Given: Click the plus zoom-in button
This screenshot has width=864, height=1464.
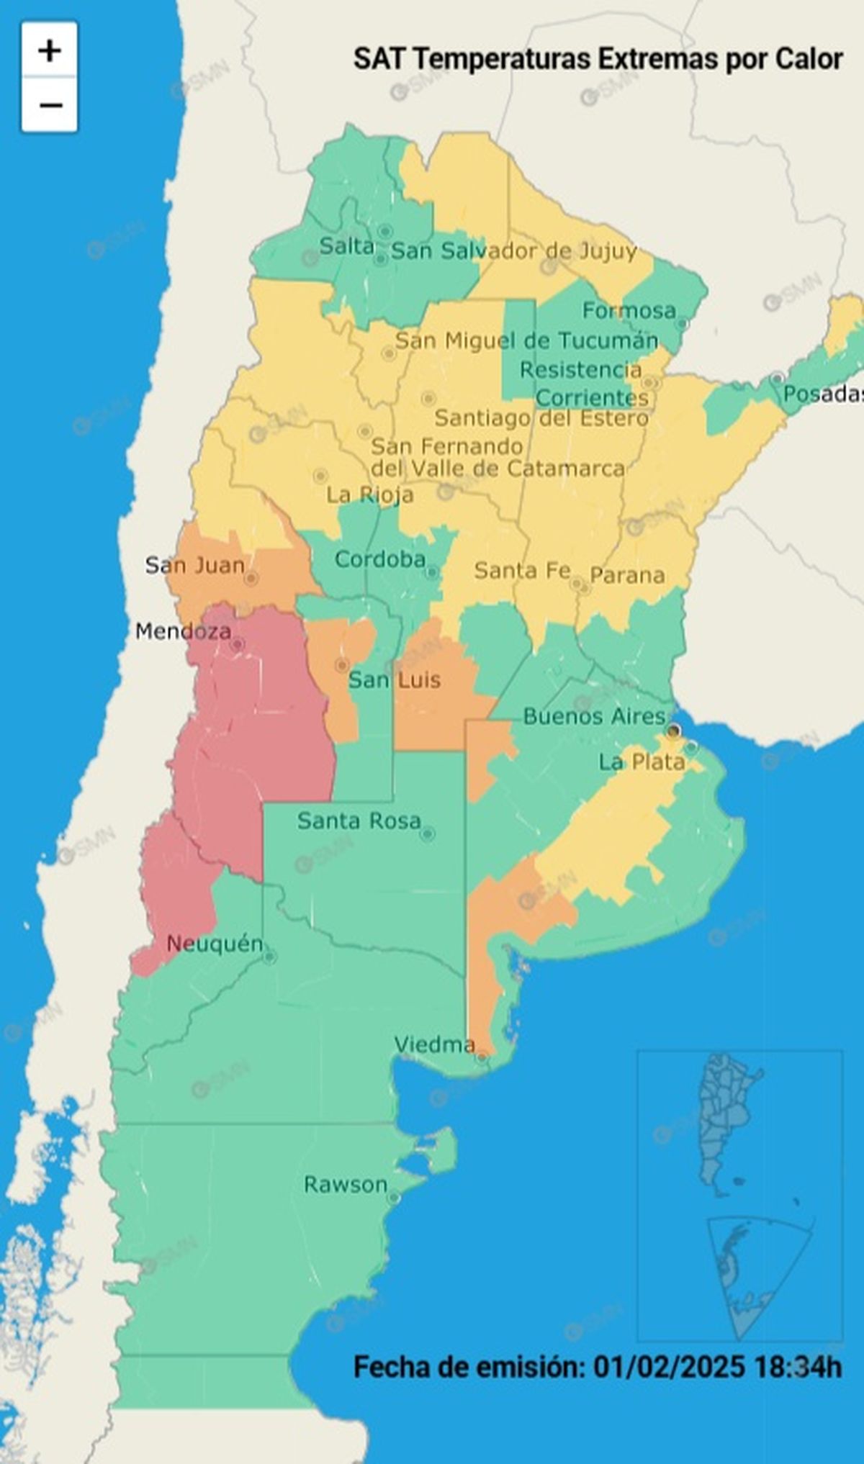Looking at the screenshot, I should [49, 50].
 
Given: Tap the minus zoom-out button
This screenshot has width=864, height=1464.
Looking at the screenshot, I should [49, 105].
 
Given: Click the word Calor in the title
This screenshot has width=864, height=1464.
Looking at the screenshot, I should [809, 59].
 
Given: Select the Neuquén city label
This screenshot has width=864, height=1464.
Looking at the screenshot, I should [214, 944].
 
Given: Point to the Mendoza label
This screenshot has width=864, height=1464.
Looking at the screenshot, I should [183, 632].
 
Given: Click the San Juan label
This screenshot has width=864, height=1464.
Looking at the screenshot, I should [194, 565].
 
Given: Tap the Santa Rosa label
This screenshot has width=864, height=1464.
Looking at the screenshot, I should [359, 821].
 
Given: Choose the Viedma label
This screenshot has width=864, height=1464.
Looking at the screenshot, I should [434, 1044].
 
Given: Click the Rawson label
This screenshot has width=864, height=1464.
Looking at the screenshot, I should [346, 1185].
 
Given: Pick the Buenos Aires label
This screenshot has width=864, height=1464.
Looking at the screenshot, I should [594, 716].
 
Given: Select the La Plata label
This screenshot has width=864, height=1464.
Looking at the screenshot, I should [642, 762].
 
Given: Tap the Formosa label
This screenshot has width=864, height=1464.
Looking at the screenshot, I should [629, 311].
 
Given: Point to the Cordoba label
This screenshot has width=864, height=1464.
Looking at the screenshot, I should [379, 559].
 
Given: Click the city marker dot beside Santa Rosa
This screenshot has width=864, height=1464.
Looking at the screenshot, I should [427, 834].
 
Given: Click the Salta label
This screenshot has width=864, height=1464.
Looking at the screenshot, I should [346, 247].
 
